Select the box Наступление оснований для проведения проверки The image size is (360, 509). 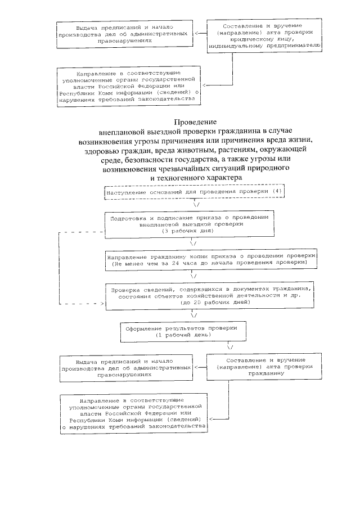[x=195, y=192]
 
